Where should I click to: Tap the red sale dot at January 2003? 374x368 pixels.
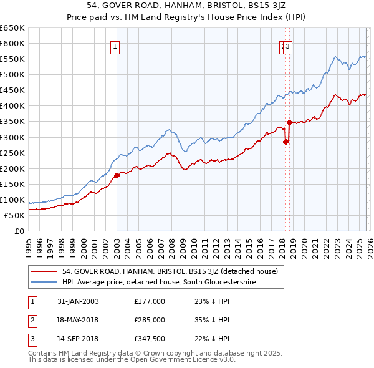[117, 175]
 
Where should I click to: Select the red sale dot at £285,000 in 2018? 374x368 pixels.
[286, 142]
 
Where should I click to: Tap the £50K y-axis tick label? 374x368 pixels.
[14, 215]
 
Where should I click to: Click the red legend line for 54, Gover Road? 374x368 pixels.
[45, 271]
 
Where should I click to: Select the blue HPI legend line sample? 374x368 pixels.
[45, 283]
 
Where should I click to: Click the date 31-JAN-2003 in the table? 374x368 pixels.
[78, 301]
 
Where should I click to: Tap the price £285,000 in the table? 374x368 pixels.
[150, 320]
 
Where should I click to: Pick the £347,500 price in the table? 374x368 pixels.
[150, 339]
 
